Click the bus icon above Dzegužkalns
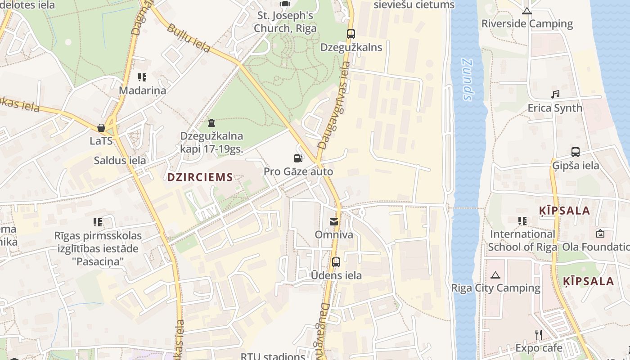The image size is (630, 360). pos(351,34)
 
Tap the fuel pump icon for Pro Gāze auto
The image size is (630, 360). pos(298,158)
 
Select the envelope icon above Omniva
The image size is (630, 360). pos(334,221)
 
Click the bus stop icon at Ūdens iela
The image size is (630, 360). pos(336,262)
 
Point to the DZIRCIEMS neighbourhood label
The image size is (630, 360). pos(200,177)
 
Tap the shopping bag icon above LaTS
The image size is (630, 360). pos(101,128)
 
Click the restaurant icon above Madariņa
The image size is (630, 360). pos(142,77)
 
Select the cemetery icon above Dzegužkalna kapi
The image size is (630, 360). pos(211,123)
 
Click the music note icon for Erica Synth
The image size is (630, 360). pos(555,94)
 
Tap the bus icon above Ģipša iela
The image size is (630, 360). pos(575,152)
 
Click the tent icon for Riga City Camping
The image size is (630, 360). pos(495,274)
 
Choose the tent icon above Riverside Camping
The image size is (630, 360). pos(527,10)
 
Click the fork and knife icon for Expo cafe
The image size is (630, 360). pos(538,334)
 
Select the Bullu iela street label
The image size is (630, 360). pos(189,38)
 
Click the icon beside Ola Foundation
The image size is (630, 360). pos(600,234)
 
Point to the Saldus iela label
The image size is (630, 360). pos(120,161)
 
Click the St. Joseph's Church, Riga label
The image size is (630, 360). pos(285,22)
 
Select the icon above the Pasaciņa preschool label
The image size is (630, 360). pos(98,222)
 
